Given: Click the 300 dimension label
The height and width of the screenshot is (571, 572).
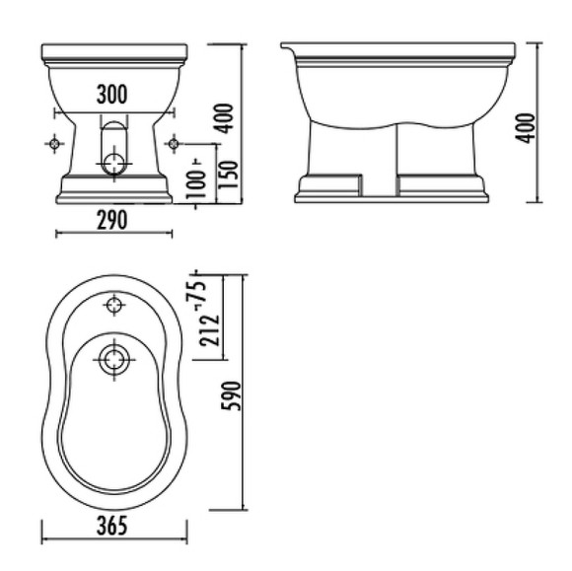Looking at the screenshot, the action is click(x=112, y=94).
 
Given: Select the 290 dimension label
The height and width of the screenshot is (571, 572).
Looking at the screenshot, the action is click(x=112, y=220).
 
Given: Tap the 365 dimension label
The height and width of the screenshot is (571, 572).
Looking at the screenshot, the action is click(x=112, y=526).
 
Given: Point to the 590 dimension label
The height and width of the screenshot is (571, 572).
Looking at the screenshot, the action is click(x=232, y=395).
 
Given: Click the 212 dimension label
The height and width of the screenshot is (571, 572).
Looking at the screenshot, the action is click(x=209, y=330).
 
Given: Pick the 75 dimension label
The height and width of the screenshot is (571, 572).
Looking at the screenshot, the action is click(x=196, y=291).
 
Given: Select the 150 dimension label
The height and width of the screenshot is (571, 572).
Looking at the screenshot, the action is click(x=229, y=175).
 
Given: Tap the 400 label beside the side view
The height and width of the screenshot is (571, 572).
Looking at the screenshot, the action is click(x=525, y=128).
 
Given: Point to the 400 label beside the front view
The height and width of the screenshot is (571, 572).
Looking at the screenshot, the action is click(x=223, y=118).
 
